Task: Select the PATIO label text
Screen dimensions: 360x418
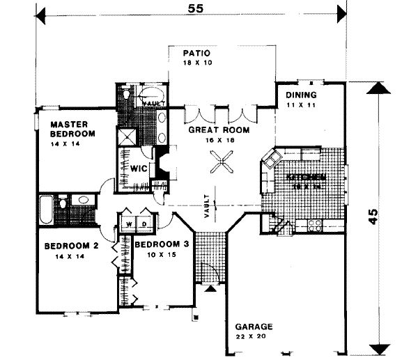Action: [196, 53]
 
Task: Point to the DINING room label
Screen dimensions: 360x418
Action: [301, 95]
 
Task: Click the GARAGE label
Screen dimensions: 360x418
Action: [254, 327]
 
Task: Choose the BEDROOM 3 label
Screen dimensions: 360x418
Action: [162, 244]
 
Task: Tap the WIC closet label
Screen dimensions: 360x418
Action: [137, 169]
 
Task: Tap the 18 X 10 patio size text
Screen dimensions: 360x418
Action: [196, 63]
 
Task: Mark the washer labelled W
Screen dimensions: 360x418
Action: [130, 224]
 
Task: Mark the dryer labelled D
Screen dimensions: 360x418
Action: [144, 224]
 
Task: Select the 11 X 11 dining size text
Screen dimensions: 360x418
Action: [301, 105]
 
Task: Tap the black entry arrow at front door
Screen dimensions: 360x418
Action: [210, 288]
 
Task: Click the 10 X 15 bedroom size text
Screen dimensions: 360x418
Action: [160, 255]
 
